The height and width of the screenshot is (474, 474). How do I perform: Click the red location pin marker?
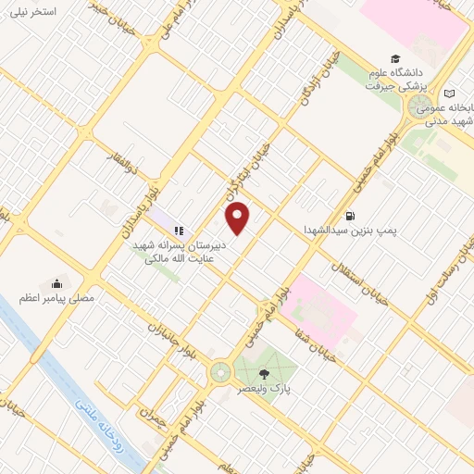click(238, 218)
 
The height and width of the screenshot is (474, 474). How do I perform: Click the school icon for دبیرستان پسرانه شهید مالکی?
click(179, 230)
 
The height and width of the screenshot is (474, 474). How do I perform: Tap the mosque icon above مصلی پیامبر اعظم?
click(57, 283)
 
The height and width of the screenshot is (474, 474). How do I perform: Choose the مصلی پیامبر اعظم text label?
click(57, 299)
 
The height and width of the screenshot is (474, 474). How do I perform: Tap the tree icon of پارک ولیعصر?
click(266, 373)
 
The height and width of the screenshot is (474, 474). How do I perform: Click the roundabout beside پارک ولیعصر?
click(221, 372)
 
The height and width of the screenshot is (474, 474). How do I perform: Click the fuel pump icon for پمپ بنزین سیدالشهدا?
click(349, 216)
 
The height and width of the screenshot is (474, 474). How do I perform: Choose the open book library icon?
click(449, 94)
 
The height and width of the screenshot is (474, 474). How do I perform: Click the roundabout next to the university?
click(417, 108)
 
